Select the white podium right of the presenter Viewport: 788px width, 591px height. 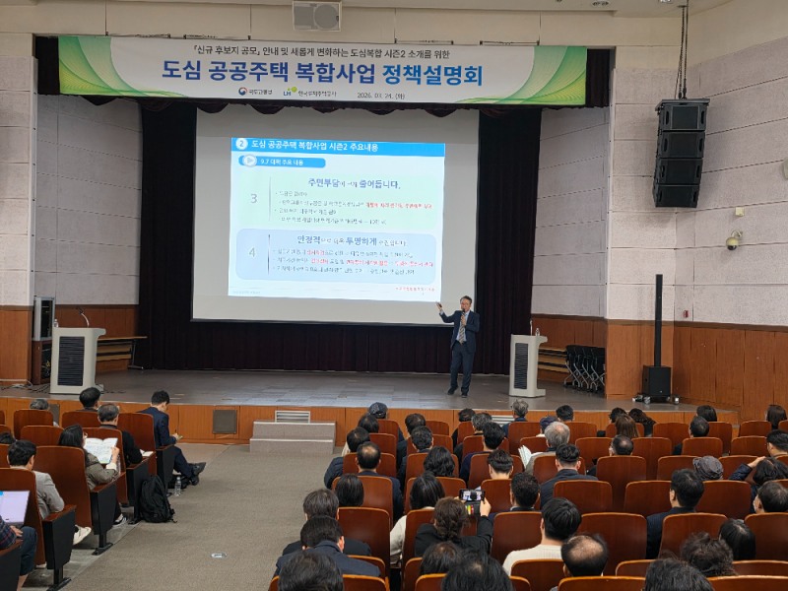point(526,364)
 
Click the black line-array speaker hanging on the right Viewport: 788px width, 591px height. point(680,153)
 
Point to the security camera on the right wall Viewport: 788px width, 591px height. point(733,241)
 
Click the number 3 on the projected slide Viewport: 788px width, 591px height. point(253,198)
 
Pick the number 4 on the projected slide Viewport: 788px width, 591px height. point(253,252)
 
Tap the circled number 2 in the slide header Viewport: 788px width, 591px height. point(241,145)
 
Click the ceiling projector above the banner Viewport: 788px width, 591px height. point(316,15)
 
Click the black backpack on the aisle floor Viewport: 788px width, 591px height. point(154,500)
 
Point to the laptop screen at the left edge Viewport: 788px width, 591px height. point(13,506)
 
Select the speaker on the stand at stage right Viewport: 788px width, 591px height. point(657,380)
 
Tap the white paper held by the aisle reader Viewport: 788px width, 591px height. point(101,449)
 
